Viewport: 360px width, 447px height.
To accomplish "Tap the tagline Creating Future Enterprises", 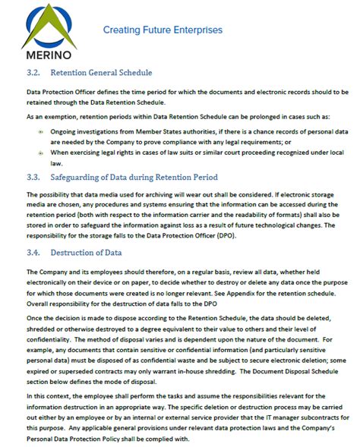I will coord(163,30).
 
